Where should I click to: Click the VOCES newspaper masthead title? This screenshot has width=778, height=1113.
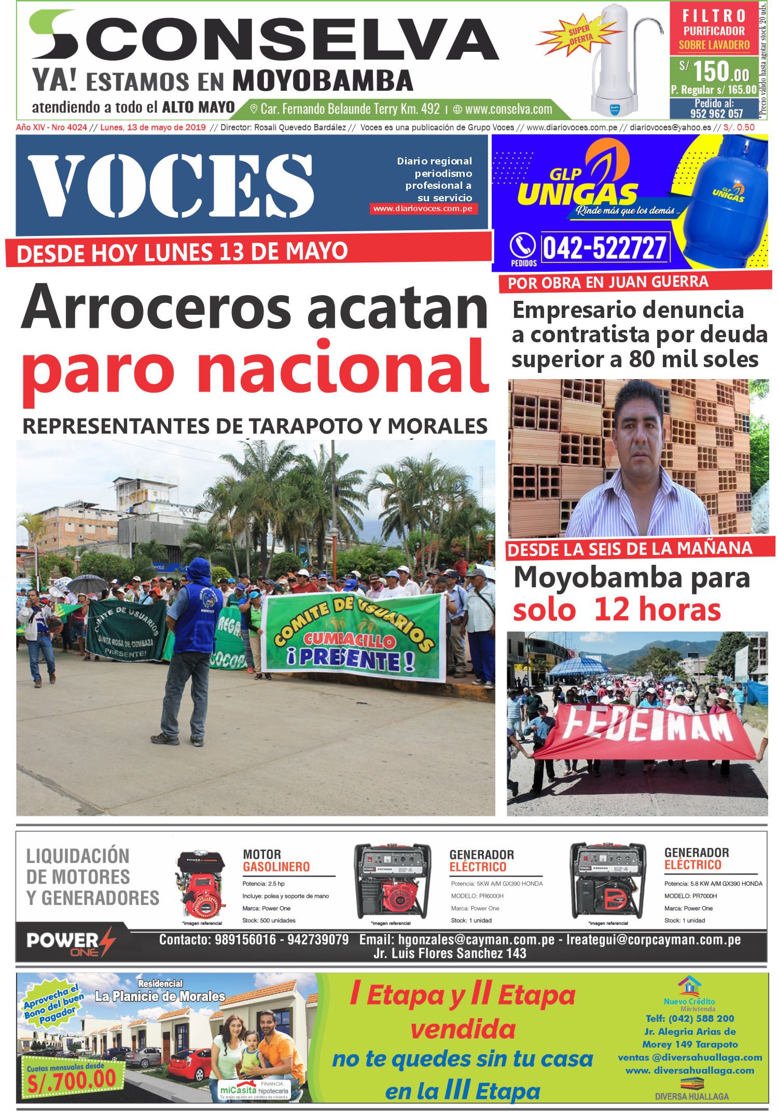171,185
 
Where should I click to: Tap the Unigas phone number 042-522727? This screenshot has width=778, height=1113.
604,247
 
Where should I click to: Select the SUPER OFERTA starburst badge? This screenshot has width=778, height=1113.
580,35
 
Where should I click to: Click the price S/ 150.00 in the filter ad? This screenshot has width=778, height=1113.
715,71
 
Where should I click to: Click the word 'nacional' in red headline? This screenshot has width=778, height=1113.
342,368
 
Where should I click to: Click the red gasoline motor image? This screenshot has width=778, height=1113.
200,884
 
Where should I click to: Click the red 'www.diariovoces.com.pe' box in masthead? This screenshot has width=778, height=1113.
423,208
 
